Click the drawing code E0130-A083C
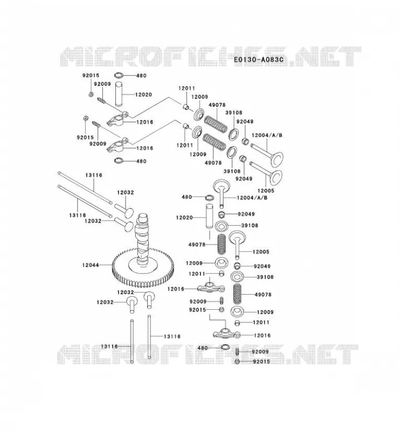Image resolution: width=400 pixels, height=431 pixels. pyautogui.click(x=259, y=59)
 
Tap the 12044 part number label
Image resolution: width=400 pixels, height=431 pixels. pyautogui.click(x=91, y=265)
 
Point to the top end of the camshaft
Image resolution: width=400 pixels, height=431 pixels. pyautogui.click(x=143, y=217)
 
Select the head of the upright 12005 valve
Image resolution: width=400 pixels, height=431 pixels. pyautogui.click(x=237, y=237)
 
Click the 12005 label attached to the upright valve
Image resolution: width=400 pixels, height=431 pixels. pyautogui.click(x=261, y=252)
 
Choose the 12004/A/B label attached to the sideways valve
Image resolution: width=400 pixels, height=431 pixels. pyautogui.click(x=267, y=135)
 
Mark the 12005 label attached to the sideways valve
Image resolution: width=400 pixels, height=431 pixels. pyautogui.click(x=266, y=191)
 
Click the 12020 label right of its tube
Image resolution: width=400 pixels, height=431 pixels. pyautogui.click(x=143, y=95)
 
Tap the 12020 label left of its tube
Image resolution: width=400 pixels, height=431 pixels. pyautogui.click(x=184, y=218)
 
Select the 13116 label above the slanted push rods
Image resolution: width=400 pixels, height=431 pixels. pyautogui.click(x=94, y=175)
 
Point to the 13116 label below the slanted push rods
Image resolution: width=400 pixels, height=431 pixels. pyautogui.click(x=78, y=215)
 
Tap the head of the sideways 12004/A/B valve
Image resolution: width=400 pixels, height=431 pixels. pyautogui.click(x=277, y=159)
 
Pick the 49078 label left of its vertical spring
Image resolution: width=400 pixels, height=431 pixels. pyautogui.click(x=197, y=245)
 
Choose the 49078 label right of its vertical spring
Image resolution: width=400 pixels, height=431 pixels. pyautogui.click(x=263, y=294)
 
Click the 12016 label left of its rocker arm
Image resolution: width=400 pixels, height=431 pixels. pyautogui.click(x=176, y=289)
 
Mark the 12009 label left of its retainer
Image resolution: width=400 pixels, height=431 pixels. pyautogui.click(x=194, y=263)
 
